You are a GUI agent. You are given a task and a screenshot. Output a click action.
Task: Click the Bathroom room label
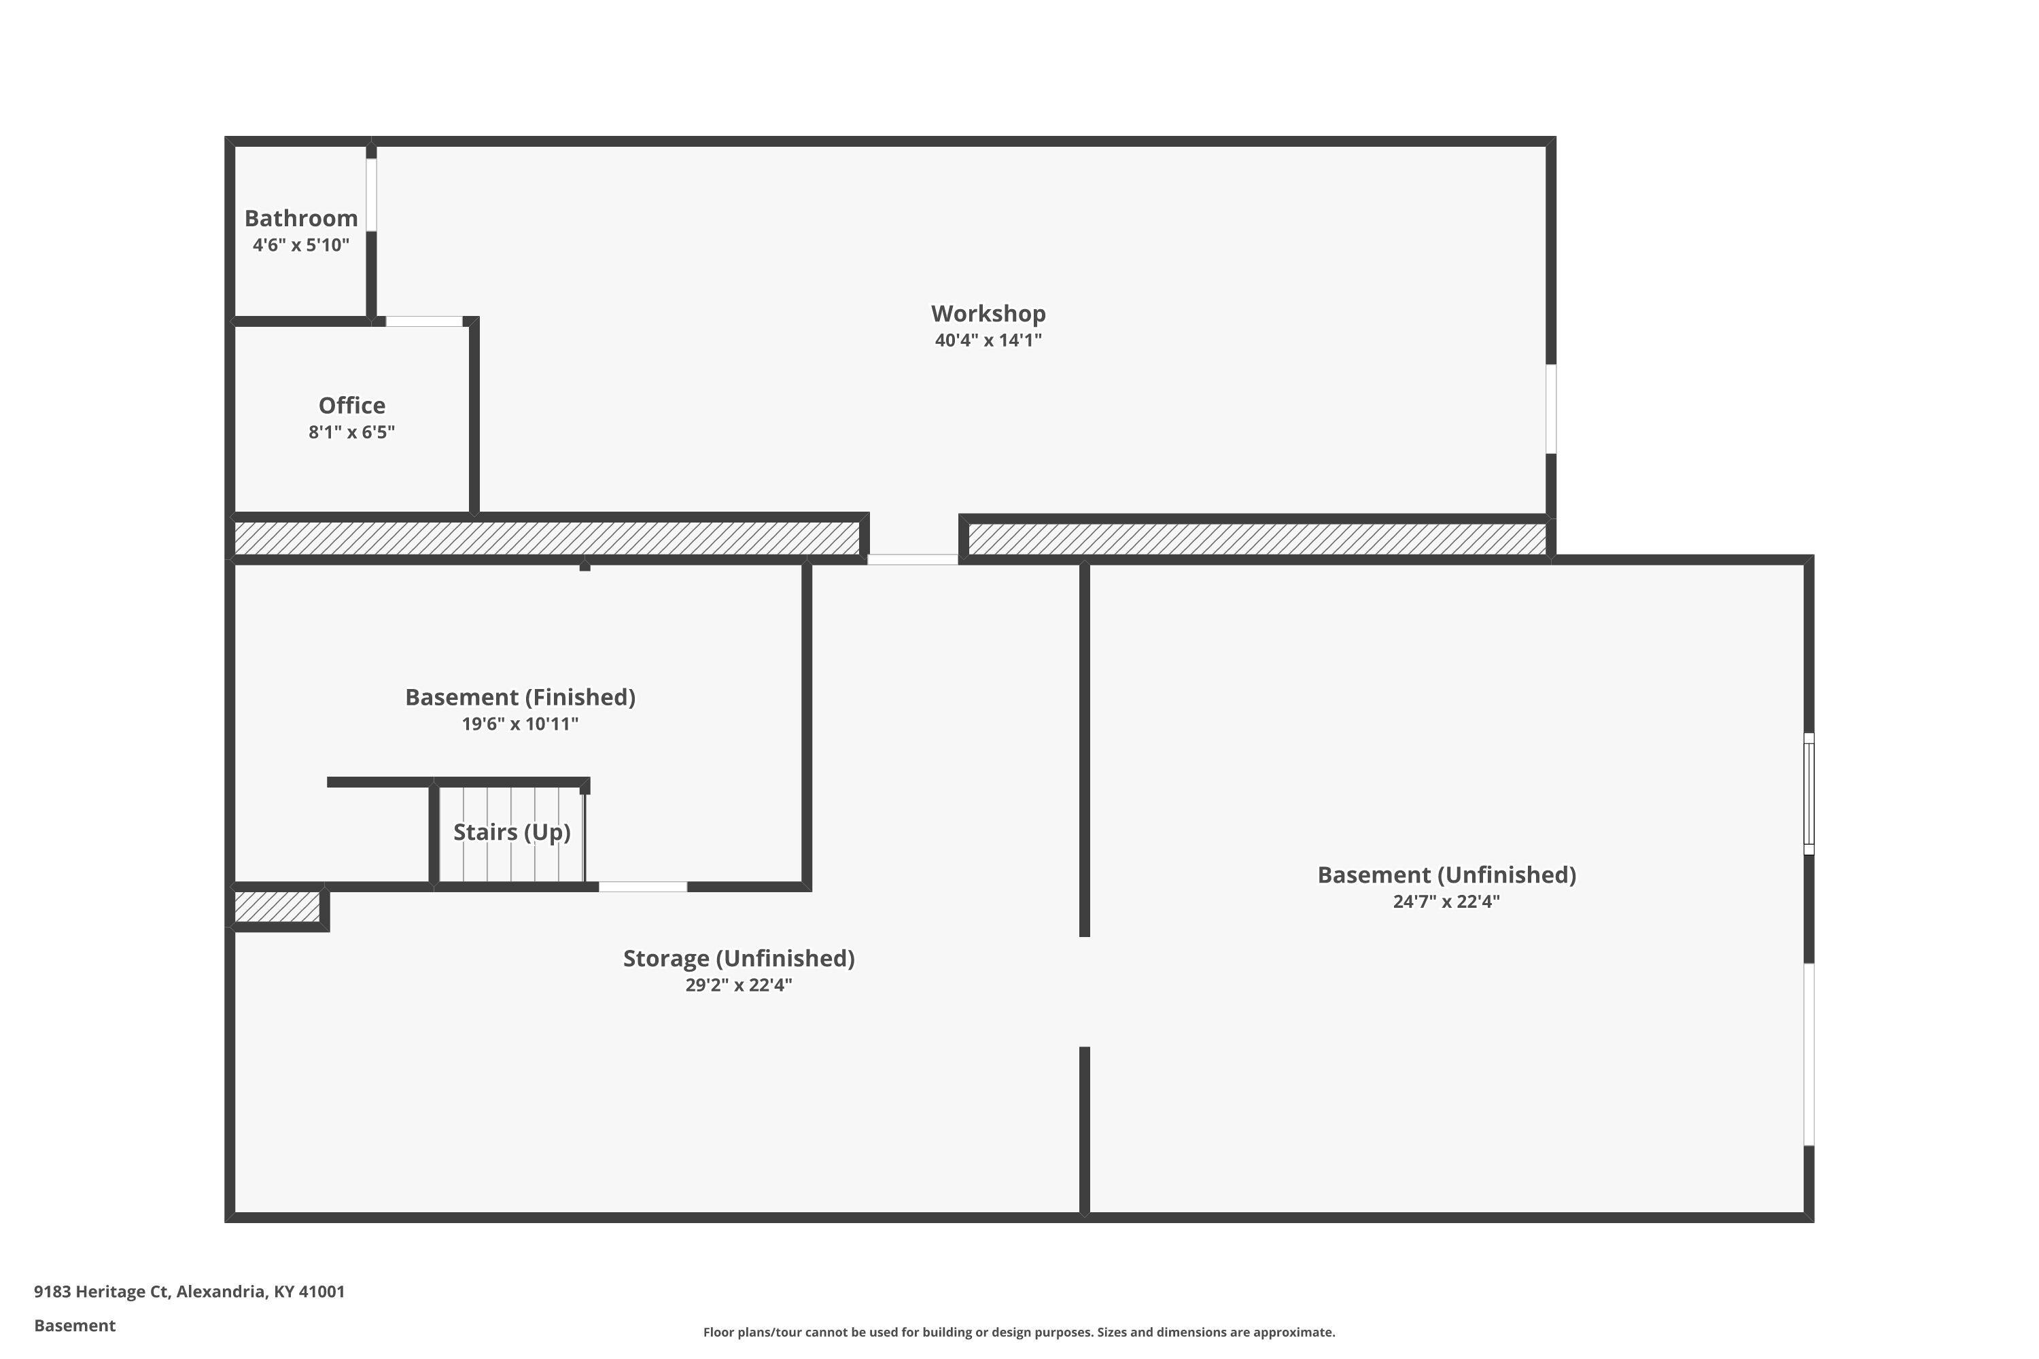point(301,218)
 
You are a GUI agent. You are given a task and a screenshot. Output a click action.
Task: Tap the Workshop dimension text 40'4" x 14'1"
point(988,340)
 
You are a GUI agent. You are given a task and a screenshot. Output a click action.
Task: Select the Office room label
point(352,406)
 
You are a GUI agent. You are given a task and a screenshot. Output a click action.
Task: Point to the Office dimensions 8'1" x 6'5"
point(352,431)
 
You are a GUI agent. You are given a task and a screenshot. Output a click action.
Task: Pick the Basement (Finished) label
point(520,698)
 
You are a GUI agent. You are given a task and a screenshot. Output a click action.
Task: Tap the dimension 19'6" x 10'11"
point(520,724)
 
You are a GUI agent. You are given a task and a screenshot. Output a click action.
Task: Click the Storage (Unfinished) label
point(739,959)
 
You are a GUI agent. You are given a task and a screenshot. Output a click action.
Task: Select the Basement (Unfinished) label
point(1447,875)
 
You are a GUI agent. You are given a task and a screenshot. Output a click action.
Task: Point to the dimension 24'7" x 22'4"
point(1447,902)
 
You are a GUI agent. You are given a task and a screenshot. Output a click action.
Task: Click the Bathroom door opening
point(371,195)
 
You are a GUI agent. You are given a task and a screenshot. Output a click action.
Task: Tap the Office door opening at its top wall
point(424,321)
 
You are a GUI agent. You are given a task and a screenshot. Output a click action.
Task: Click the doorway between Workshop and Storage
point(913,560)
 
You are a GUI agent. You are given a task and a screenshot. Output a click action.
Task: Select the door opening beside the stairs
point(643,887)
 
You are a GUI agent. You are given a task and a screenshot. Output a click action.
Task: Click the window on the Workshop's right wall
point(1551,409)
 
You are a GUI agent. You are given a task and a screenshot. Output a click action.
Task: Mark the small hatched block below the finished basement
point(277,906)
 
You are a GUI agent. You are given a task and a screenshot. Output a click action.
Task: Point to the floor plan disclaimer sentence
point(1019,1332)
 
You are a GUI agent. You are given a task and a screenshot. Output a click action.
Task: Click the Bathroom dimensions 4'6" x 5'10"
point(301,245)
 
